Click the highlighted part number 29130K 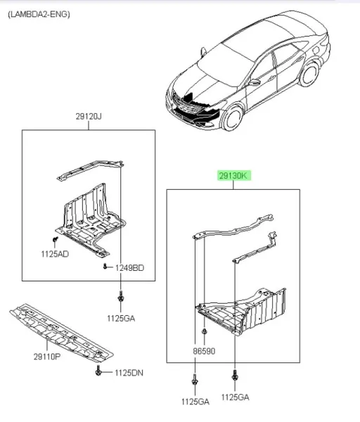[x=233, y=176]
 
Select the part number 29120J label [x=89, y=117]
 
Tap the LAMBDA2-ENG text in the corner [x=39, y=14]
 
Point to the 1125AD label [x=55, y=254]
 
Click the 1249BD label [x=129, y=268]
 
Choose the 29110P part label [x=47, y=357]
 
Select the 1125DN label [x=129, y=373]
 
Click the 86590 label [x=204, y=351]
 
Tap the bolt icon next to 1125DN [x=98, y=371]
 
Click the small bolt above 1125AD [x=56, y=238]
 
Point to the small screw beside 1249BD [x=105, y=267]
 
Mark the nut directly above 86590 [x=204, y=331]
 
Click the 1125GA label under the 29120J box [x=121, y=319]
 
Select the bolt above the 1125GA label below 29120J [x=121, y=297]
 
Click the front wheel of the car [x=233, y=118]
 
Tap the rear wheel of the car [x=309, y=74]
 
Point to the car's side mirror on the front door [x=254, y=82]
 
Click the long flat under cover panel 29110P [x=61, y=332]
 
